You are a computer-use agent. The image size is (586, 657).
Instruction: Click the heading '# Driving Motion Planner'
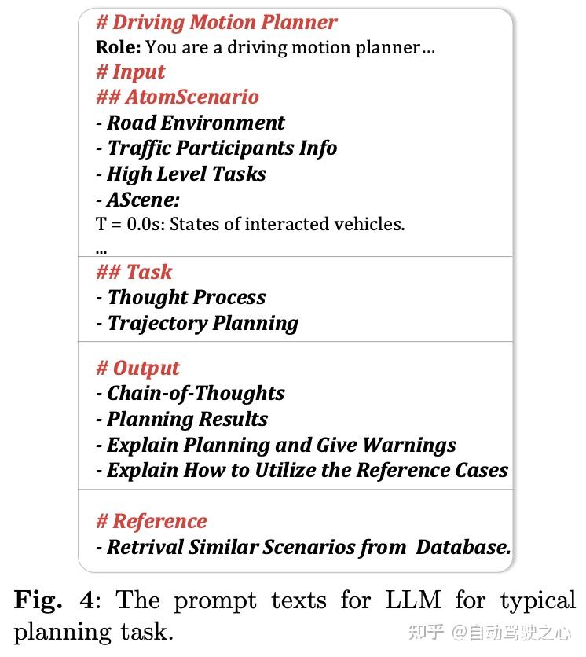(216, 22)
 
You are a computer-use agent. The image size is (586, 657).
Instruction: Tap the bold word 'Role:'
(118, 47)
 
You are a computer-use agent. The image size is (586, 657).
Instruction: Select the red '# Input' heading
(130, 72)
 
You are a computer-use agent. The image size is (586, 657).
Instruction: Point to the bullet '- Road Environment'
(190, 123)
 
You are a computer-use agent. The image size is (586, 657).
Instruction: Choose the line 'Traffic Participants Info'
(222, 149)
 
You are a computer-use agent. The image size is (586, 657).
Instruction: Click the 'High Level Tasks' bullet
(186, 174)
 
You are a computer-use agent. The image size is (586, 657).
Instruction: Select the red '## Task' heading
(134, 272)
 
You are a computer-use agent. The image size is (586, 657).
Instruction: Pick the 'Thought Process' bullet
(186, 298)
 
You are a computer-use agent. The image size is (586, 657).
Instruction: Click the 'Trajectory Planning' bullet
(203, 323)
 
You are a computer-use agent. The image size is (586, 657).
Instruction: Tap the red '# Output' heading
(137, 368)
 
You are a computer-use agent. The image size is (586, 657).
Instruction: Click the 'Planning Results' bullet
(187, 419)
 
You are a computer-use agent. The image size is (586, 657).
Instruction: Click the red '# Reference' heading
(151, 521)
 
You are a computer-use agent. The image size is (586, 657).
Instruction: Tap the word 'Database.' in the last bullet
(463, 547)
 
